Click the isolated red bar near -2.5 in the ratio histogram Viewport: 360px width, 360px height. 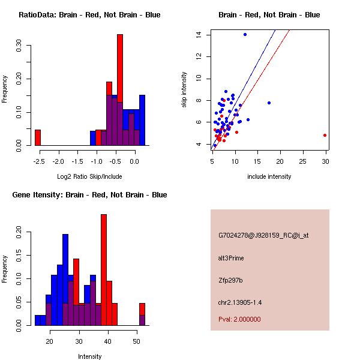38,137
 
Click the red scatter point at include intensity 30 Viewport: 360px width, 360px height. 325,135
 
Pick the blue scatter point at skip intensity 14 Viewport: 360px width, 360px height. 245,34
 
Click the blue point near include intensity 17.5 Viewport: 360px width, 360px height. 269,103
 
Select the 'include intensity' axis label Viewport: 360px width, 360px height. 269,176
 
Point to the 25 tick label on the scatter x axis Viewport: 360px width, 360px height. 302,161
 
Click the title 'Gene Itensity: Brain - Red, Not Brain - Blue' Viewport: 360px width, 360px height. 89,195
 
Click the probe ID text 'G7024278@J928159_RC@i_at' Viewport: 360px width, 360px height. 263,236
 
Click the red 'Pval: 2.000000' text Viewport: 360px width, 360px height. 239,319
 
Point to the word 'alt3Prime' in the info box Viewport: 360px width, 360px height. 232,258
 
